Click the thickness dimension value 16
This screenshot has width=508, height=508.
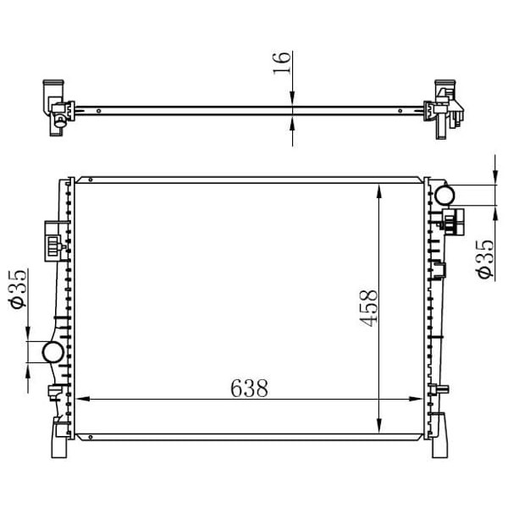[x=283, y=63]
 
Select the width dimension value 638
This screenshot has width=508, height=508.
[x=249, y=389]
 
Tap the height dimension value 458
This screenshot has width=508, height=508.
[x=367, y=310]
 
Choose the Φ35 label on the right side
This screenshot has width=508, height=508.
[x=484, y=257]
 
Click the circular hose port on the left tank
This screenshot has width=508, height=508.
[x=52, y=351]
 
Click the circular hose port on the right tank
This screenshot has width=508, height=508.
[x=444, y=195]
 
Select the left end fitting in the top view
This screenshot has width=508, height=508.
[x=56, y=107]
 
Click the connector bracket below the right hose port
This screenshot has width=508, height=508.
[x=453, y=222]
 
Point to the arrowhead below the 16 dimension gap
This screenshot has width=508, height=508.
[x=292, y=124]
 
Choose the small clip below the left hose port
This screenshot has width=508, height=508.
[x=53, y=390]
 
